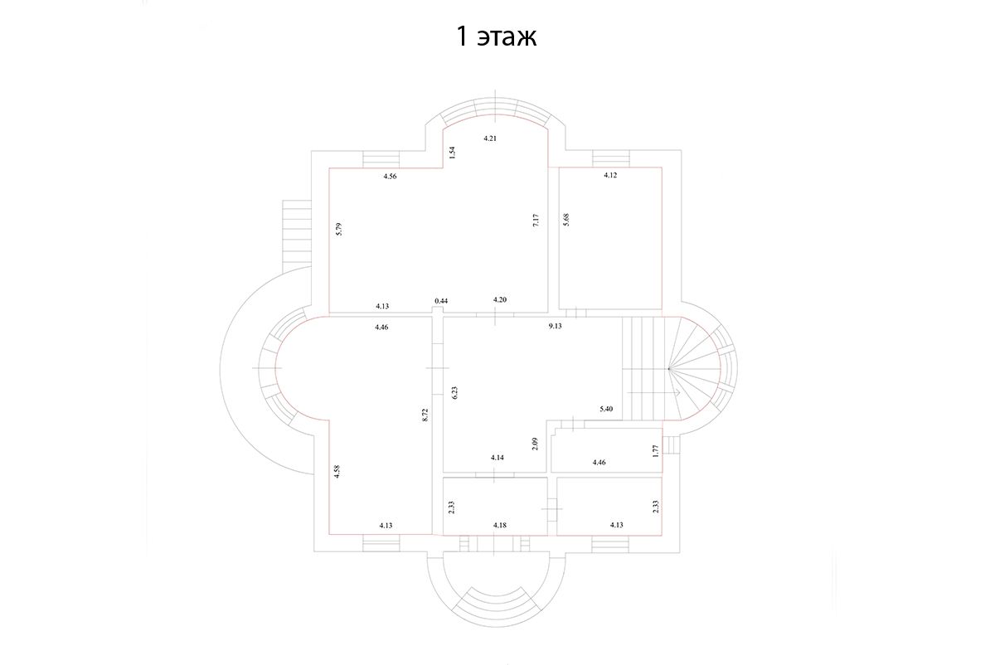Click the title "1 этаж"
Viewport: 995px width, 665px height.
pyautogui.click(x=497, y=36)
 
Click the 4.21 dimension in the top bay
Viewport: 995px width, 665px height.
pyautogui.click(x=490, y=138)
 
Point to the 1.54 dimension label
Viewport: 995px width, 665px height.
pyautogui.click(x=452, y=153)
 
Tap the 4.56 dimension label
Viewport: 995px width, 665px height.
pyautogui.click(x=390, y=176)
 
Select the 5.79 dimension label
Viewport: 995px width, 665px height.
pyautogui.click(x=338, y=230)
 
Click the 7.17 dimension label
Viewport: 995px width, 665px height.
pyautogui.click(x=536, y=221)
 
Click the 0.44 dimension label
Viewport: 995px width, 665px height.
pyautogui.click(x=441, y=300)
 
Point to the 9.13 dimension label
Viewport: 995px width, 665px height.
pyautogui.click(x=555, y=327)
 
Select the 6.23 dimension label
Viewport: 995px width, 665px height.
pyautogui.click(x=454, y=393)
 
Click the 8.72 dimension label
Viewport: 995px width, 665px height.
pyautogui.click(x=425, y=415)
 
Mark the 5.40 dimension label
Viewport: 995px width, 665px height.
pyautogui.click(x=606, y=410)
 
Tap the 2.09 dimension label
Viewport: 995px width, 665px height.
pyautogui.click(x=536, y=444)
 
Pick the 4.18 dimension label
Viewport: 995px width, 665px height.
pyautogui.click(x=500, y=525)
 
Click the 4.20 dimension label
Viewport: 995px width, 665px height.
pyautogui.click(x=500, y=299)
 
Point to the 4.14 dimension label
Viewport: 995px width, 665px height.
pyautogui.click(x=498, y=458)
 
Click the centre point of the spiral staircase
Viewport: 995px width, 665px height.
pyautogui.click(x=670, y=367)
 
